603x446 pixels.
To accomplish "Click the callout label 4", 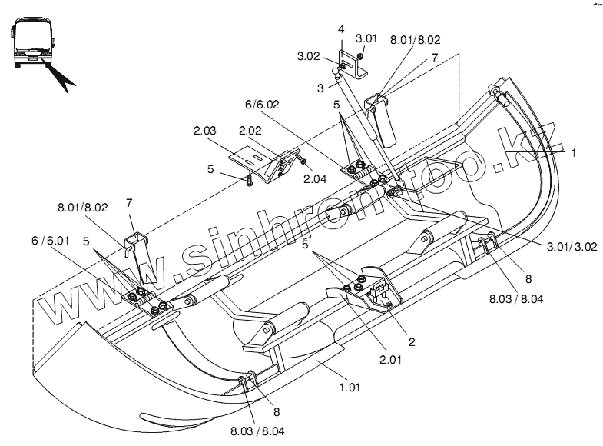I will [341, 29].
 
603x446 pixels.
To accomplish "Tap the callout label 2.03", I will [204, 131].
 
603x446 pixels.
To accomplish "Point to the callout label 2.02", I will [250, 131].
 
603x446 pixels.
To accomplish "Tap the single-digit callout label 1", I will [573, 153].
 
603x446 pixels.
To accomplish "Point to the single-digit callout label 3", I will [319, 88].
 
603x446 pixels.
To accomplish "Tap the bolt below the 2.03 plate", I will [250, 181].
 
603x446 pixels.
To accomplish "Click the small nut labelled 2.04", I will [303, 161].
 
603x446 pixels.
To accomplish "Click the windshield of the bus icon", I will [31, 35].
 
